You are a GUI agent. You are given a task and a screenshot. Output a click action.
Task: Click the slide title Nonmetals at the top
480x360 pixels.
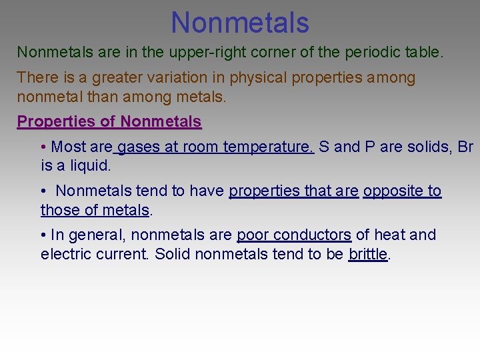click(240, 22)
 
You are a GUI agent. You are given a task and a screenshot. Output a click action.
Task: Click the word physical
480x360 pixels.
click(259, 78)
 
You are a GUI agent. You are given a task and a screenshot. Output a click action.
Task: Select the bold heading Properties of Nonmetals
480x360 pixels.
click(109, 122)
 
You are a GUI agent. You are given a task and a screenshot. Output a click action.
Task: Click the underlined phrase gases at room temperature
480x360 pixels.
click(215, 147)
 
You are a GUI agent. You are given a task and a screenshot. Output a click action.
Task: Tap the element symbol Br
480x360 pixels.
click(465, 147)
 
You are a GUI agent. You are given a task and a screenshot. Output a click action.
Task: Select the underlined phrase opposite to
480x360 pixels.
click(402, 191)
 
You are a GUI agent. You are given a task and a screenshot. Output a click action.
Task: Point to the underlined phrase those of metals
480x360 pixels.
click(95, 211)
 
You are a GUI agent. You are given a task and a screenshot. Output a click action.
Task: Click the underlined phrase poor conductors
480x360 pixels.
click(294, 235)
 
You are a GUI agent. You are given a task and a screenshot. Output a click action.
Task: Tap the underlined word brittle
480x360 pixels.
click(367, 254)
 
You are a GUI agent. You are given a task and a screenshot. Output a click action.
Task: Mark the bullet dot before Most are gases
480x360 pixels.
click(43, 147)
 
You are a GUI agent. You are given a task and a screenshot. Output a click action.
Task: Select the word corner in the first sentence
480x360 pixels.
click(259, 52)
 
